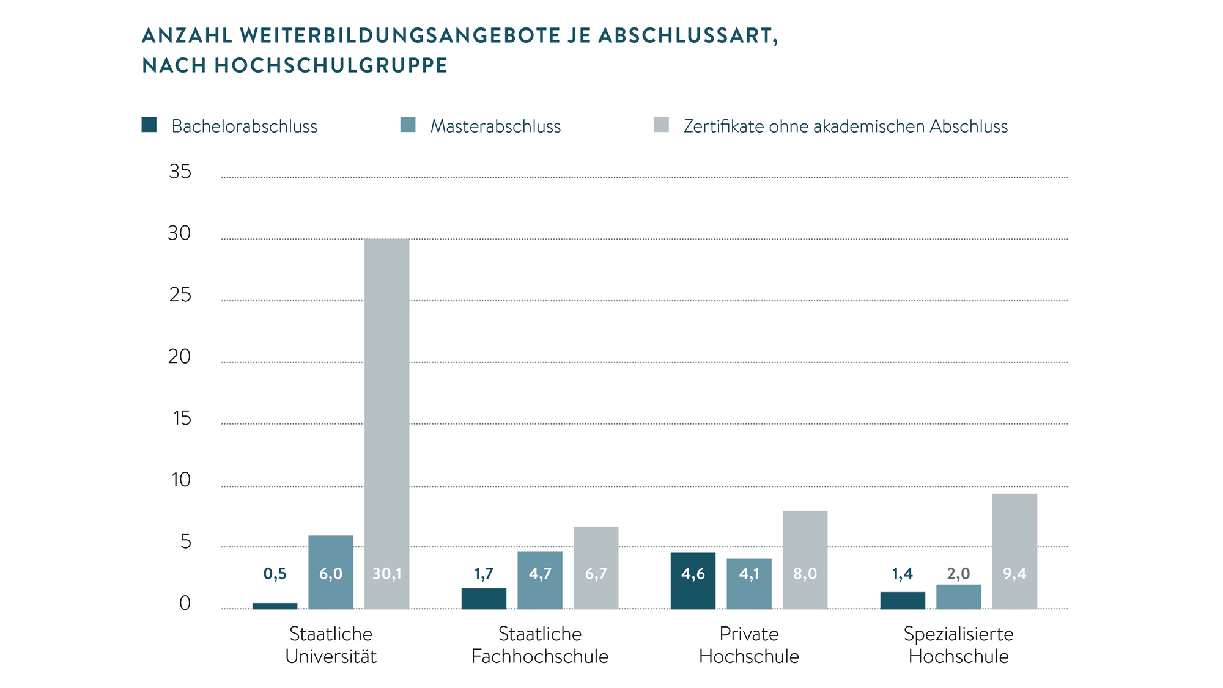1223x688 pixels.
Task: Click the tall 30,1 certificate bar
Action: (386, 422)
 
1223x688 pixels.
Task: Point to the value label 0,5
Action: (275, 574)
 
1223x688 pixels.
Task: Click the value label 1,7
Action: (484, 574)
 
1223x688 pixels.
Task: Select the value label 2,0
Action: (958, 574)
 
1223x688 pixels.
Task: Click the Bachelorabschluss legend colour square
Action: (149, 125)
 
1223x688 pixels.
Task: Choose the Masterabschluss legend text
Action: (495, 126)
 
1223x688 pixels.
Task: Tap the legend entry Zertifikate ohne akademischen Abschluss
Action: (845, 126)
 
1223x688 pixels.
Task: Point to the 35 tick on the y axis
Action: (180, 172)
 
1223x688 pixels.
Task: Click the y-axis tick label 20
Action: (179, 357)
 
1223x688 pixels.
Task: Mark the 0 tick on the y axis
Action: (185, 604)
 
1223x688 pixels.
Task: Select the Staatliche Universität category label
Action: (331, 645)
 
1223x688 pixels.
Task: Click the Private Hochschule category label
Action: (749, 645)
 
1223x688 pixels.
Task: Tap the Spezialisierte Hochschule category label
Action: (958, 645)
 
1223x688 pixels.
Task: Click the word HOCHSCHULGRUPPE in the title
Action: (331, 65)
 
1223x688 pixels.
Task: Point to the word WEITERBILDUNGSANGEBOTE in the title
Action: (401, 35)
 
